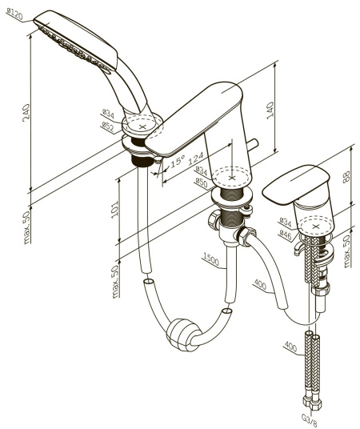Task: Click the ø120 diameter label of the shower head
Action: point(14,14)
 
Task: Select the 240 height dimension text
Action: point(26,112)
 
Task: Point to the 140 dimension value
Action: point(270,110)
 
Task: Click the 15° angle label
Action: point(178,161)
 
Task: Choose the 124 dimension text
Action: point(195,158)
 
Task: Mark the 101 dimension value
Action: point(114,210)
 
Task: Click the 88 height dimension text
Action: point(346,177)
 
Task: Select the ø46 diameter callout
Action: point(286,235)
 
